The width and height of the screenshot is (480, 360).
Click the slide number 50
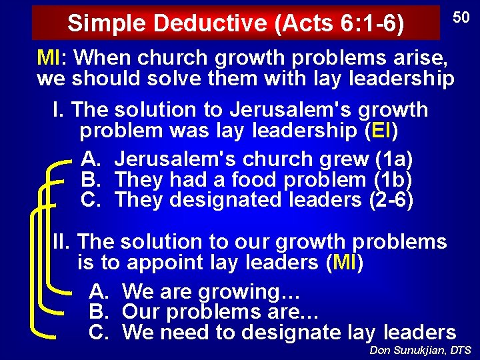[x=461, y=17]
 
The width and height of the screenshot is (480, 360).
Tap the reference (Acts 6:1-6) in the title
[x=339, y=23]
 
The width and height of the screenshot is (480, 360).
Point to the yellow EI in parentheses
[x=381, y=131]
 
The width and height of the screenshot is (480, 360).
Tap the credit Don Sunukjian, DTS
[x=419, y=350]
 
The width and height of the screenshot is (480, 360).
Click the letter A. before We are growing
[x=99, y=291]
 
